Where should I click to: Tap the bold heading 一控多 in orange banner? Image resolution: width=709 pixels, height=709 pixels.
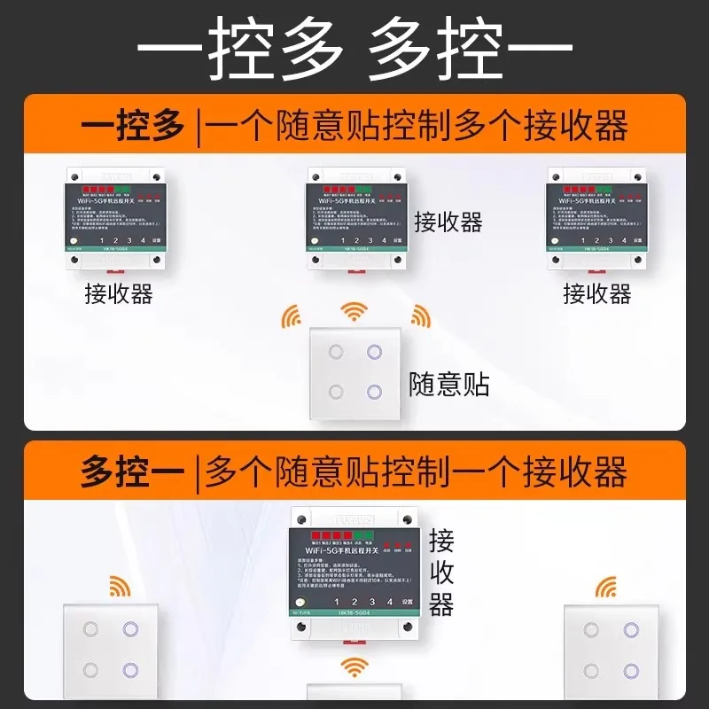point(133,125)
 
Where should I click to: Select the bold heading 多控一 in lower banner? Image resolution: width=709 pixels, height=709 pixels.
point(133,471)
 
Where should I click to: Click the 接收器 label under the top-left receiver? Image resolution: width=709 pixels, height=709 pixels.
point(119,293)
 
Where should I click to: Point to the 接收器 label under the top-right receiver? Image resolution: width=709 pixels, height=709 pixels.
point(596,293)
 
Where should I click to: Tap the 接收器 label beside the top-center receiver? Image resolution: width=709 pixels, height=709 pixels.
point(448,222)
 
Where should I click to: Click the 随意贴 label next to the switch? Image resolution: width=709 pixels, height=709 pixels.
point(449,384)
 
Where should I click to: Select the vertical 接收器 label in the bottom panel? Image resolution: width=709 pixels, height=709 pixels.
point(441,573)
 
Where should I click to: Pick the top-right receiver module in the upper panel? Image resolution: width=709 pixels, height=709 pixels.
point(595,217)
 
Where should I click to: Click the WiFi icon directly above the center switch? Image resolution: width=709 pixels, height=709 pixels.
point(354,310)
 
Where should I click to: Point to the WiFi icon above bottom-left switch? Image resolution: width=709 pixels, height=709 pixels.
point(118,586)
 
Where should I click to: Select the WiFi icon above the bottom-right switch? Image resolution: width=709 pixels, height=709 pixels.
point(606,586)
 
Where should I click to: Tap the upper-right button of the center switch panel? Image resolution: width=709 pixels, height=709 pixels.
point(374,352)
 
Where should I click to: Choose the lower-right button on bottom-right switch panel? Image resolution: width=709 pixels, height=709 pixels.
point(631,670)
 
